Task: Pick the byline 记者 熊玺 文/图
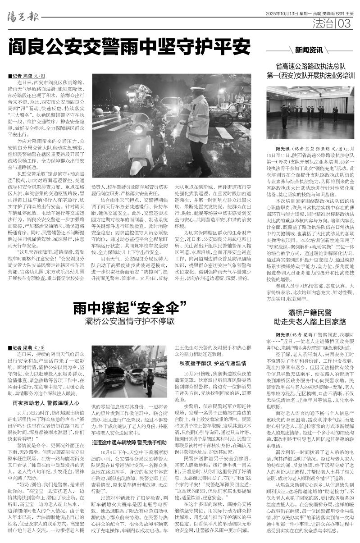[27, 76]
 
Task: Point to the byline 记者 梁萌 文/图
[27, 348]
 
